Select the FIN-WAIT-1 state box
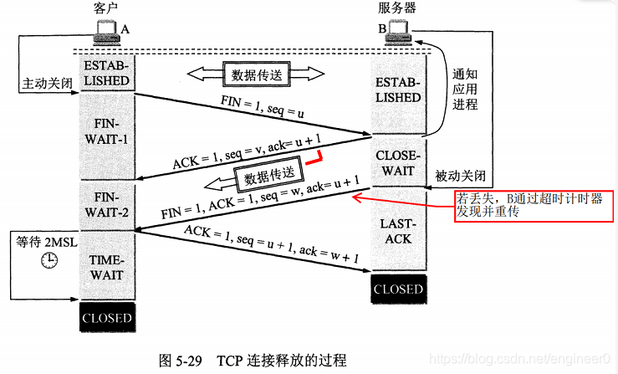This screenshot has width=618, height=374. [x=105, y=131]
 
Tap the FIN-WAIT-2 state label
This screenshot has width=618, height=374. [x=105, y=204]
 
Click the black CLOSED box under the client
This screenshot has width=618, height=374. [x=106, y=318]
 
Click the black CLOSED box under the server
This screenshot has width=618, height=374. [x=398, y=289]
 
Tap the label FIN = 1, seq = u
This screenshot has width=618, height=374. [x=266, y=106]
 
